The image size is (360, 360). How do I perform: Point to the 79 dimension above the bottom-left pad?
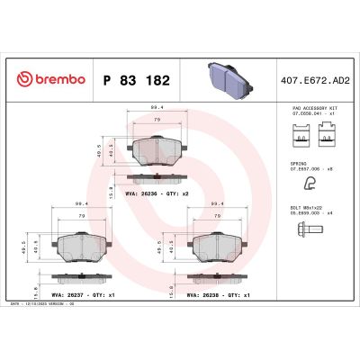pyautogui.click(x=82, y=217)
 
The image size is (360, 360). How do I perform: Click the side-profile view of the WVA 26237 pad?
pyautogui.click(x=81, y=278)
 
